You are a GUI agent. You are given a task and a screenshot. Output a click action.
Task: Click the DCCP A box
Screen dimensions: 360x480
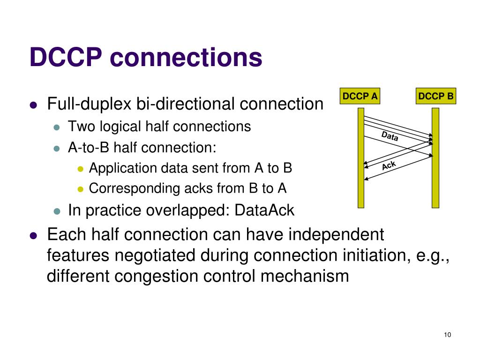(360, 97)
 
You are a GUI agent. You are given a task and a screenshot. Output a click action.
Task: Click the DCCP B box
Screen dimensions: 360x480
(436, 97)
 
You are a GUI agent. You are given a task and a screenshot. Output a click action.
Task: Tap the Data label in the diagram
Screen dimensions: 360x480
(390, 136)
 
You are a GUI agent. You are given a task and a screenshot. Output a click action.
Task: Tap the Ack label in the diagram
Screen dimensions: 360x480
(389, 165)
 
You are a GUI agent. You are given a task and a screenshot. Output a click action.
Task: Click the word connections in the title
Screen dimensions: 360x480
(186, 58)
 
